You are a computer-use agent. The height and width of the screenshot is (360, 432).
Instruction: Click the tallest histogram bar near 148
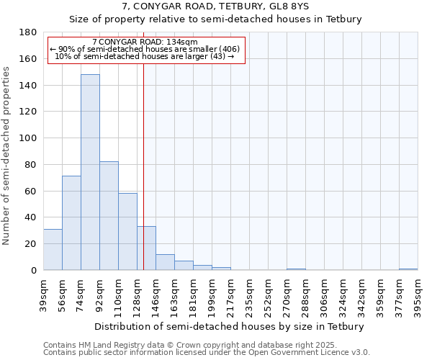[90, 172]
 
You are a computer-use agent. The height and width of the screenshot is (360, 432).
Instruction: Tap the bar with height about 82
[109, 216]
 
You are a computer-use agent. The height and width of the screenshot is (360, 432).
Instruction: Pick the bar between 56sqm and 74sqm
[71, 222]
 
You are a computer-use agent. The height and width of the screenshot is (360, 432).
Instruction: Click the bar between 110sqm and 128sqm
[127, 231]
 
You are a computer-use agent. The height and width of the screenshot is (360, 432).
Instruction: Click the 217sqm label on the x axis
[230, 295]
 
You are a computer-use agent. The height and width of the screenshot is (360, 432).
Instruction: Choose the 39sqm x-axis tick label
[43, 295]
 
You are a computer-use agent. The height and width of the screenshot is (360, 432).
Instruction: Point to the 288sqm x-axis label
[305, 295]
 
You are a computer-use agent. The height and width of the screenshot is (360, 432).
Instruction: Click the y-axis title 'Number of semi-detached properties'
[7, 156]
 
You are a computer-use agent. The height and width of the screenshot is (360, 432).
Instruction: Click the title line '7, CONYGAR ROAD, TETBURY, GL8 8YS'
[215, 7]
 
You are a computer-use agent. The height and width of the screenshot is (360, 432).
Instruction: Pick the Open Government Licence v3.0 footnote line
[206, 353]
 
